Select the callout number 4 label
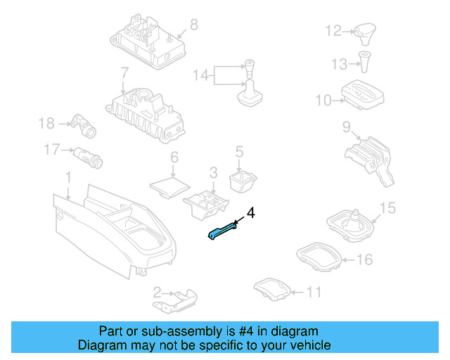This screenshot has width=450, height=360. [x=251, y=212]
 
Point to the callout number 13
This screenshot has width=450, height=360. [x=339, y=65]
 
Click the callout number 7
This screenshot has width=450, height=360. [x=124, y=73]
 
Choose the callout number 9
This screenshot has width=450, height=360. [x=346, y=127]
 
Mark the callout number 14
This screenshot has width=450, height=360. [x=201, y=75]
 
